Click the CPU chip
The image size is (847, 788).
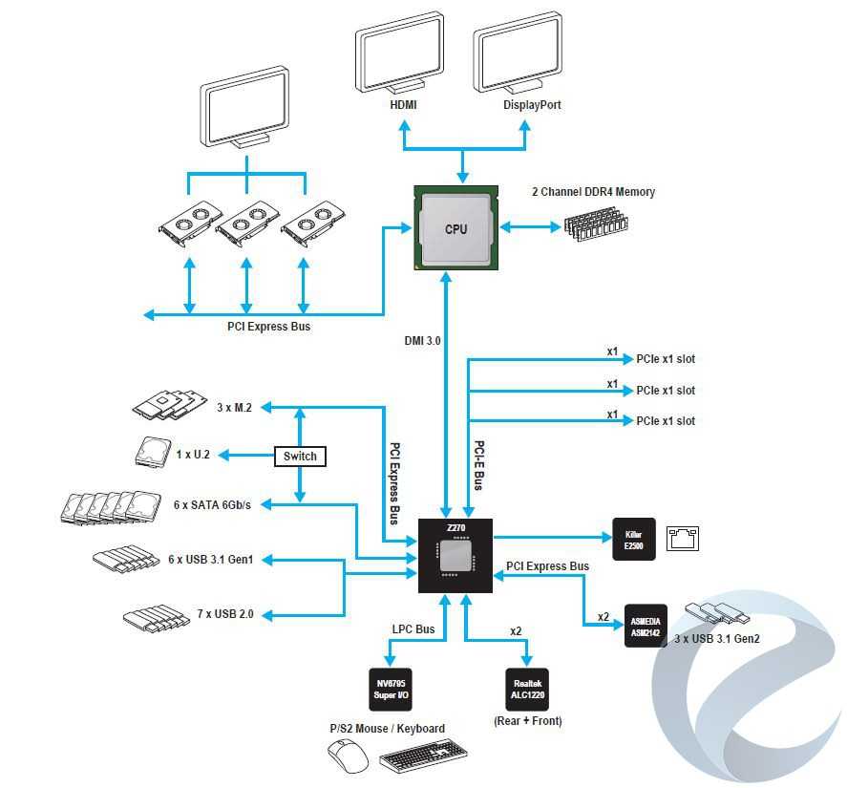tap(455, 228)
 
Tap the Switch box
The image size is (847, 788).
tap(300, 457)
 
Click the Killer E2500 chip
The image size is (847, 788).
tap(633, 539)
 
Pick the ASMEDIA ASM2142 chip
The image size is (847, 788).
tap(646, 626)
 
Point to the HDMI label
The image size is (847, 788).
tap(403, 105)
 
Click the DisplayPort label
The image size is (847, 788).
tap(532, 105)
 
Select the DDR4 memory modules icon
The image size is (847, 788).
tap(598, 224)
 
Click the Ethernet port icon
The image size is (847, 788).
tap(683, 539)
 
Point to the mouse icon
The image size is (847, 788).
tap(348, 759)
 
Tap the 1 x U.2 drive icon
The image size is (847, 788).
tap(151, 452)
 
